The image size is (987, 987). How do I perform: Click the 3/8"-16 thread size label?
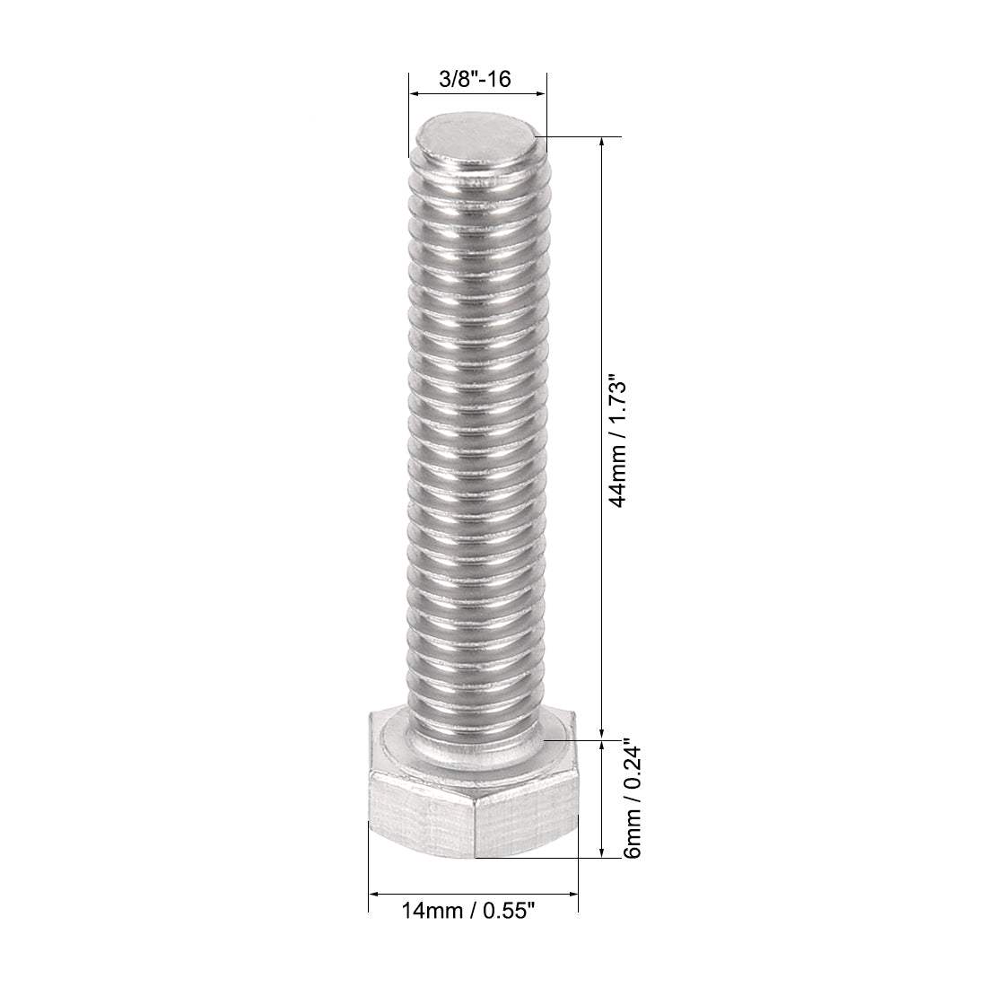click(475, 80)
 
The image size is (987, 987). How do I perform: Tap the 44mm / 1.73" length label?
click(617, 441)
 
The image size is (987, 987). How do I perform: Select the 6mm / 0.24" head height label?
click(633, 799)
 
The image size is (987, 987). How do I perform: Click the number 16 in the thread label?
click(500, 80)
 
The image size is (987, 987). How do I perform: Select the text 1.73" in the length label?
click(617, 403)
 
